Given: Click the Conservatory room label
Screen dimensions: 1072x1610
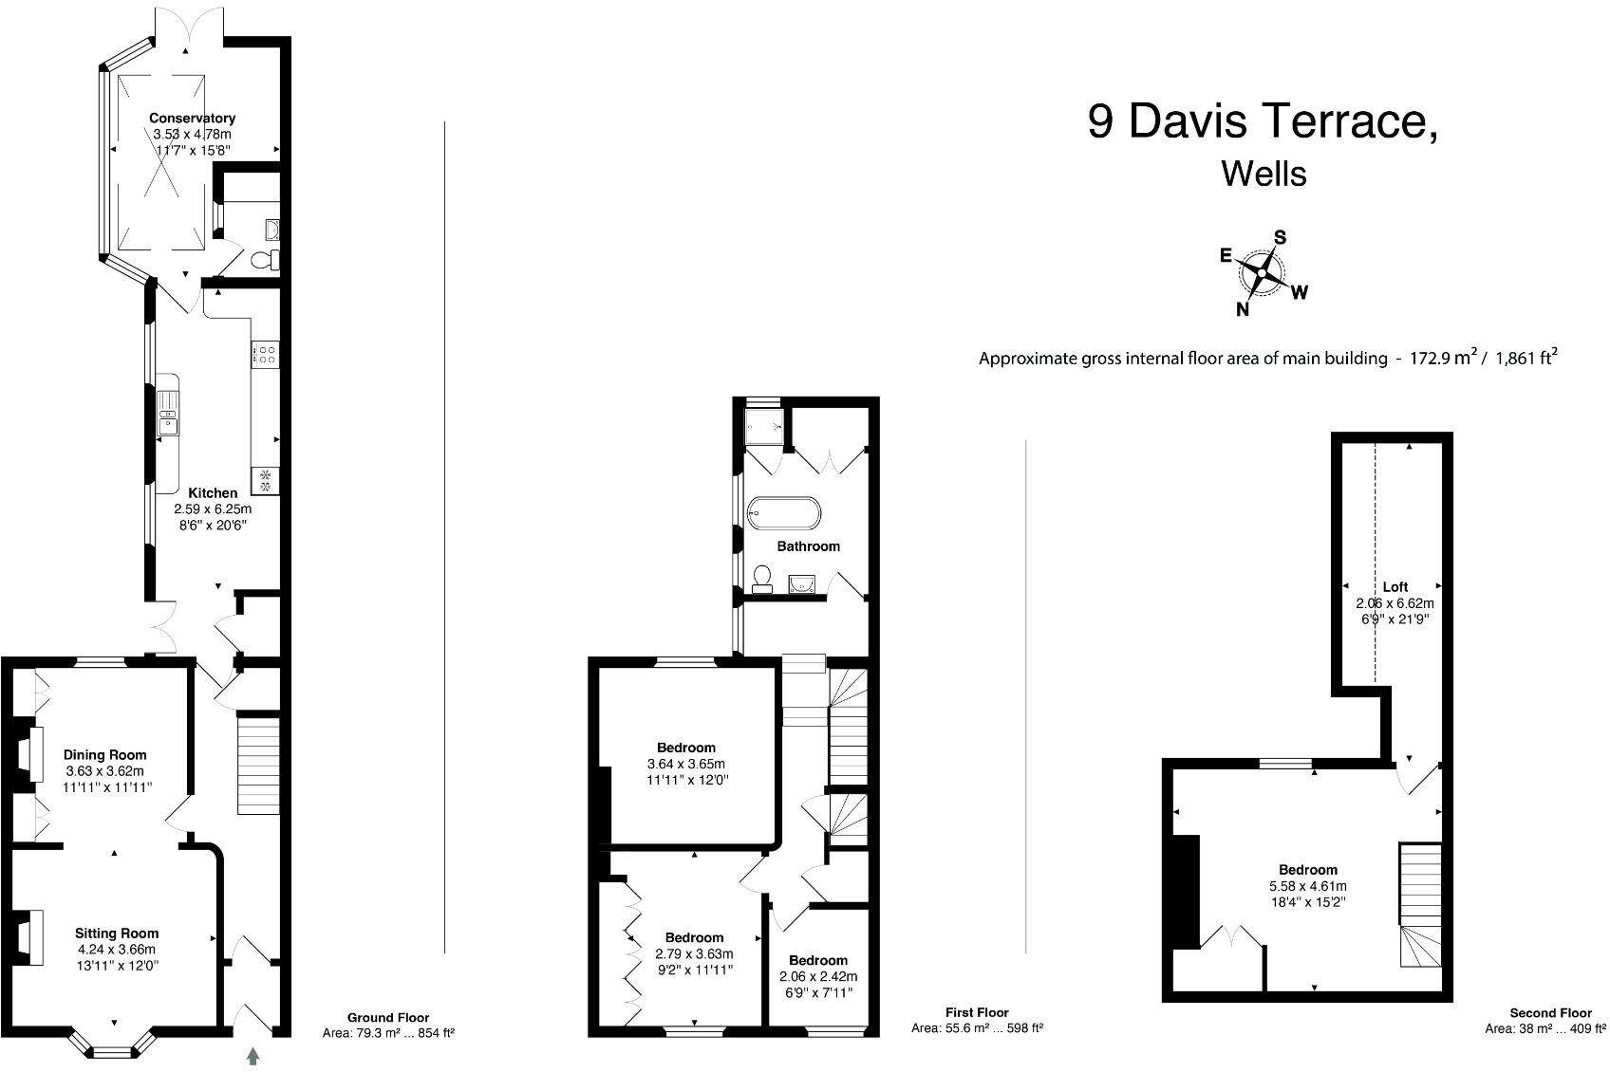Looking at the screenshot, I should click(x=192, y=119).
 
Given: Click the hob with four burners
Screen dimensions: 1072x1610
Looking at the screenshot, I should click(x=265, y=355).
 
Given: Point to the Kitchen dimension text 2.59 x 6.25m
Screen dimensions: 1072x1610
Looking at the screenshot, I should click(x=213, y=509).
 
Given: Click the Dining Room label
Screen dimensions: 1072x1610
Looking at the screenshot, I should click(x=104, y=755).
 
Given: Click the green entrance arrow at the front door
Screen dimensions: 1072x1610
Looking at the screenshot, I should click(x=253, y=1055).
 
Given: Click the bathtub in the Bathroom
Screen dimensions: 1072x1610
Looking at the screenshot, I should click(x=783, y=512).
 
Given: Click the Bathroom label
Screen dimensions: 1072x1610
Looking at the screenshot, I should click(x=808, y=546).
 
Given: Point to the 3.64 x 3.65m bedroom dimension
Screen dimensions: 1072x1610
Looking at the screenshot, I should click(x=685, y=764).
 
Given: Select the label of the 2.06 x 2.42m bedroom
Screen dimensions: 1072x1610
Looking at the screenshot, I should click(x=817, y=960).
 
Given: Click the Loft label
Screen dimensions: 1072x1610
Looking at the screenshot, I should click(x=1395, y=587).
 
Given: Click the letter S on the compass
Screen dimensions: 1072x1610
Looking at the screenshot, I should click(x=1280, y=237).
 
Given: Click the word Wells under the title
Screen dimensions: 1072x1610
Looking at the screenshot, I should click(x=1264, y=174).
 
